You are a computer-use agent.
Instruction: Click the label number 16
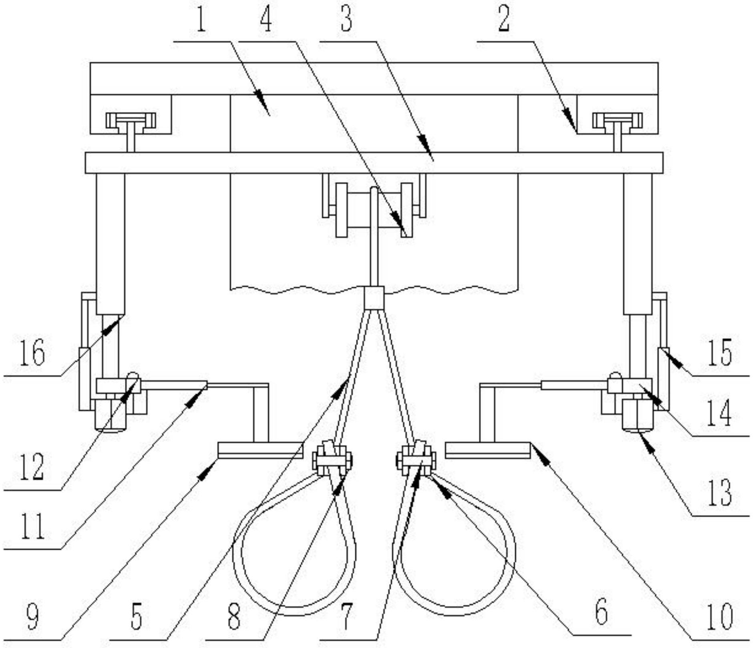tap(32, 352)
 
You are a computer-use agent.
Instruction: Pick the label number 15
tap(720, 352)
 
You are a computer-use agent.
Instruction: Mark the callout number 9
tap(32, 616)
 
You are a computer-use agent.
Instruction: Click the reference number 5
tap(137, 616)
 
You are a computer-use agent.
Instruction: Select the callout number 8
tap(234, 616)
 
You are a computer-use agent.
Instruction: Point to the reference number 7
tap(346, 616)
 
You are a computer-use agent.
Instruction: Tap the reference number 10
tap(720, 616)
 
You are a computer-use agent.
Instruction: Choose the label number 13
tap(720, 492)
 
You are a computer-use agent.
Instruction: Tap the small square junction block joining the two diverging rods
tap(374, 298)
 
